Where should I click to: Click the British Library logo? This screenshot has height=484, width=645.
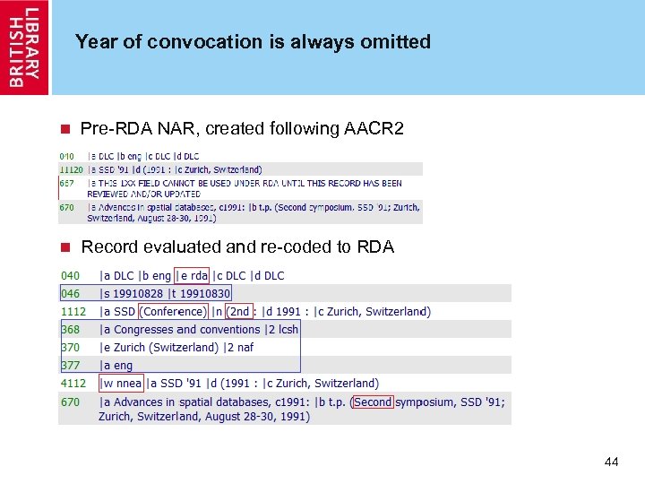(25, 47)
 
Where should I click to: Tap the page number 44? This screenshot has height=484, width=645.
(612, 462)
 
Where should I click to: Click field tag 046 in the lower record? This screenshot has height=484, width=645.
(70, 293)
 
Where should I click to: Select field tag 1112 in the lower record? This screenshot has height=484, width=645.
(73, 311)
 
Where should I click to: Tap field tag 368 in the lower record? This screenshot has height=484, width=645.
(70, 329)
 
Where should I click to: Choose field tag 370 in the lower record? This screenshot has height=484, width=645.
(70, 347)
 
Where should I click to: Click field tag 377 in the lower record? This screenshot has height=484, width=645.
(70, 365)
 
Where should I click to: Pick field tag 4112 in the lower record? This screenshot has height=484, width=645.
(73, 384)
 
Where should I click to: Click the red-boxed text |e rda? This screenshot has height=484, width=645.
(193, 275)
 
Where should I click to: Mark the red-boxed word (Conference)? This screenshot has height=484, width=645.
(173, 311)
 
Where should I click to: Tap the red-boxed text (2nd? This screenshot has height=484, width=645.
(239, 311)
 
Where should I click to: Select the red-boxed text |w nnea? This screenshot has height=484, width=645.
(121, 384)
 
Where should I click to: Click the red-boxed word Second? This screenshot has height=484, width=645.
(373, 402)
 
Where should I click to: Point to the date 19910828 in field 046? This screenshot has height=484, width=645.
(144, 293)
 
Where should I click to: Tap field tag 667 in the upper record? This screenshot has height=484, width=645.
(67, 183)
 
